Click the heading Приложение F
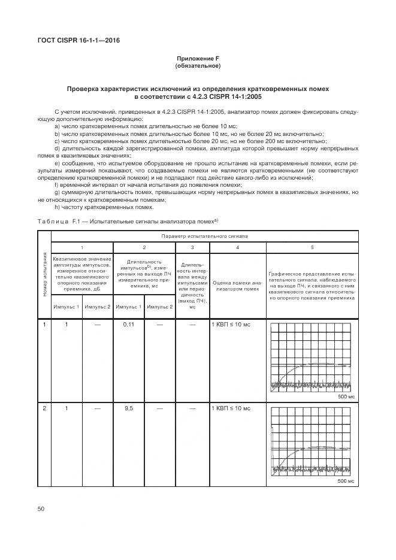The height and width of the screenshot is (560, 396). click(x=198, y=58)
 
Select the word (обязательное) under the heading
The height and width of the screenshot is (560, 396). click(x=198, y=65)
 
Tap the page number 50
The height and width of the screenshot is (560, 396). click(x=41, y=508)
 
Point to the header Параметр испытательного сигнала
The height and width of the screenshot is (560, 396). click(x=204, y=236)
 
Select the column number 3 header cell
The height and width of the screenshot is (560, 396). click(x=192, y=247)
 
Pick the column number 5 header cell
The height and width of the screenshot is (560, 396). click(x=312, y=247)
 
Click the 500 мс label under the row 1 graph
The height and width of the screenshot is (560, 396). click(x=346, y=396)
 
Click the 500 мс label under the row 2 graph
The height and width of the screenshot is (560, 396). click(x=346, y=481)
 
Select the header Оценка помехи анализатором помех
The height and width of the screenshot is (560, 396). click(x=237, y=284)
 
